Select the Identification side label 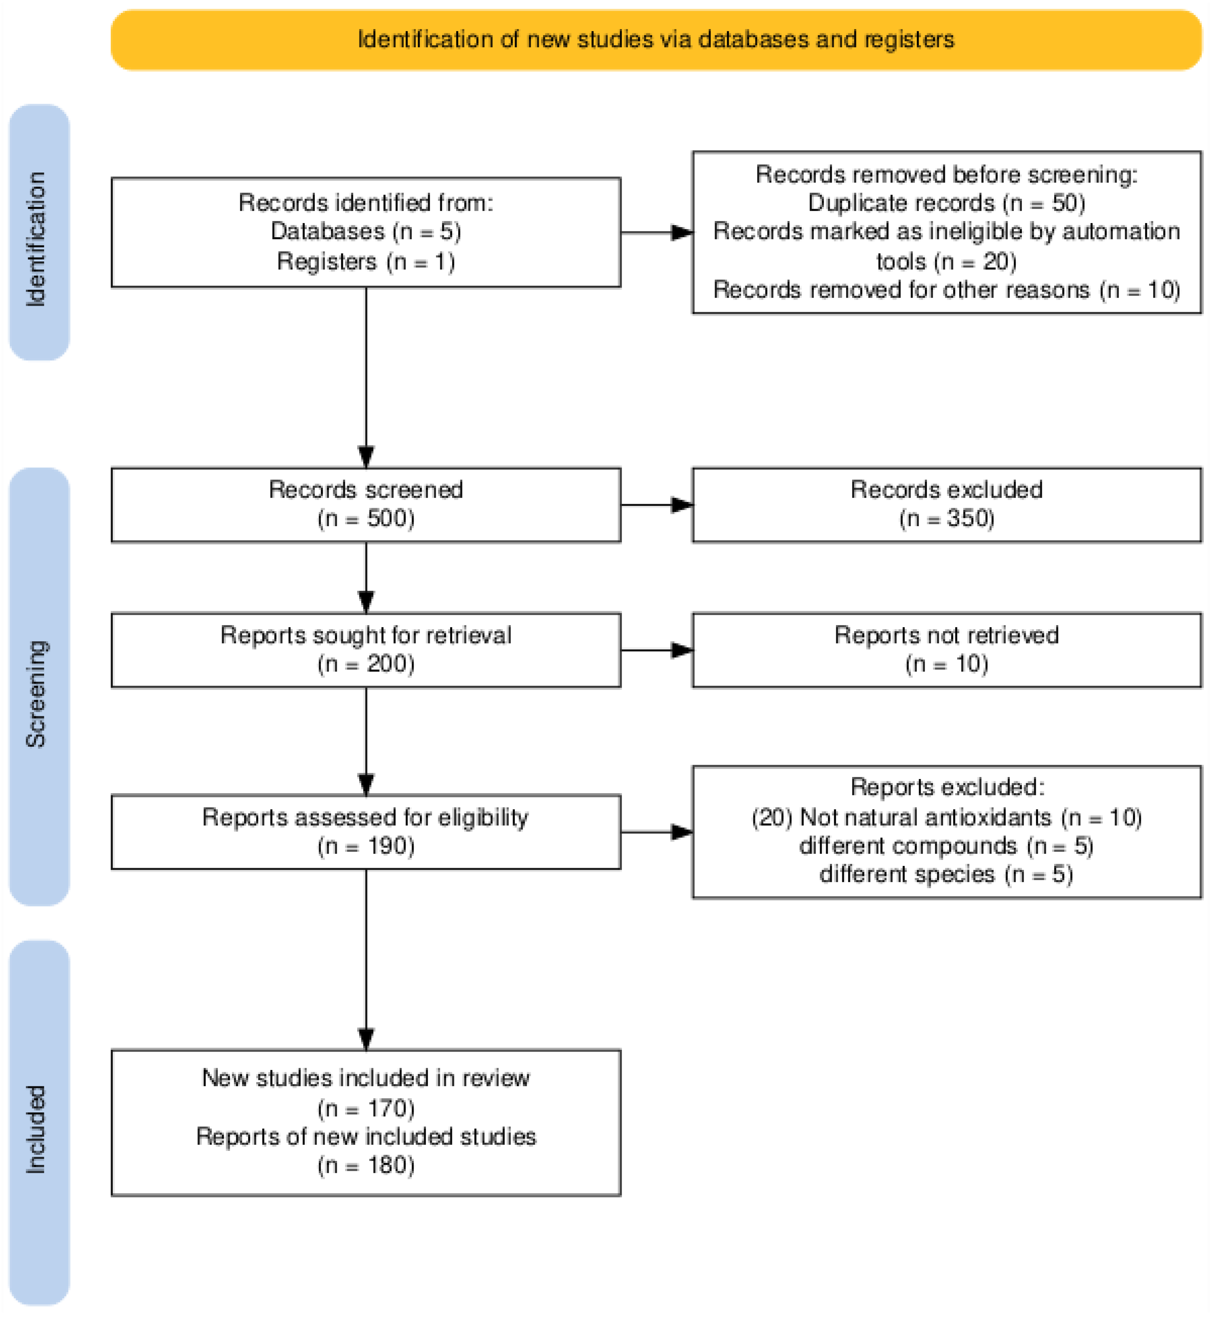pyautogui.click(x=37, y=239)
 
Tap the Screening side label pyautogui.click(x=37, y=693)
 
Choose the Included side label pyautogui.click(x=37, y=1130)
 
